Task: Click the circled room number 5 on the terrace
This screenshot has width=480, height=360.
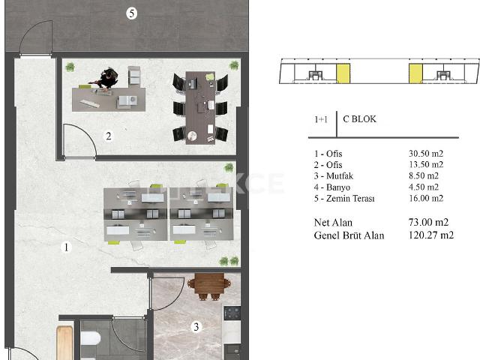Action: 131,13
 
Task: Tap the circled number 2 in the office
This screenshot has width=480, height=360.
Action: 109,136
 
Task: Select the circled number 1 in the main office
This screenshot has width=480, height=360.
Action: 67,247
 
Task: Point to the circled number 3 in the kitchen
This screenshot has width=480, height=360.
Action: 196,327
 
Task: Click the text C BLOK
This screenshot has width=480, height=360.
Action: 359,119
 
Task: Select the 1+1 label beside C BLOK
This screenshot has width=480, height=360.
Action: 320,119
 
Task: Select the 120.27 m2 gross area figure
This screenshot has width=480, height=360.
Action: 429,235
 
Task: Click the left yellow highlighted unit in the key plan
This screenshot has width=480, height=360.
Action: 343,73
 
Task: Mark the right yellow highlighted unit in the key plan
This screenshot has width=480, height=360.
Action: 415,73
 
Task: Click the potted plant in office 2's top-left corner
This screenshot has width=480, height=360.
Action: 70,67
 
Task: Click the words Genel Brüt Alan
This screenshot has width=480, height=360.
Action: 349,235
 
